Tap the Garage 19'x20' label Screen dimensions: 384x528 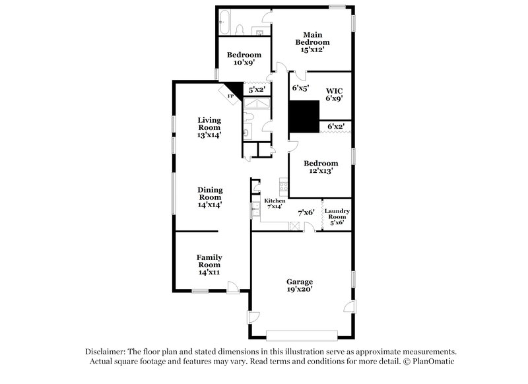coord(300,284)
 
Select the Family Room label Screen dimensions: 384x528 coord(209,265)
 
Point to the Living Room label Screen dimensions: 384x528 coord(209,127)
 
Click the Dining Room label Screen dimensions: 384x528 coord(209,197)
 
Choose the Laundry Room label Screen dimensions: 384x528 coord(337,216)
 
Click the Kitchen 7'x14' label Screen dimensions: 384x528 coord(275,203)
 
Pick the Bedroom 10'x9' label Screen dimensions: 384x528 coord(244,59)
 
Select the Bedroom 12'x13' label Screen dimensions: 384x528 coord(321,166)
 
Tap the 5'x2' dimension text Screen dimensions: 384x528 coord(255,89)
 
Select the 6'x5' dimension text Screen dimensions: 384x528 coord(301,87)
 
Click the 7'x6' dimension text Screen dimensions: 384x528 coord(306,212)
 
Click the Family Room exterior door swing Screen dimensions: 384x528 coord(233,286)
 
